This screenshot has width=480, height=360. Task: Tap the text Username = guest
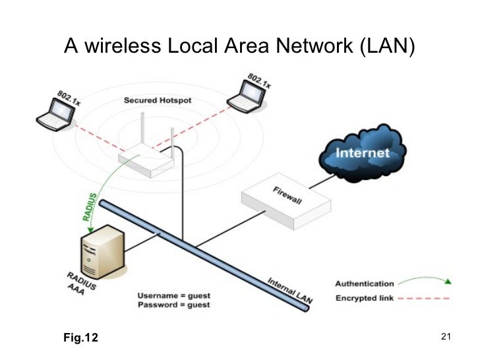pyautogui.click(x=174, y=294)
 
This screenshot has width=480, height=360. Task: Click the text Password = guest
pyautogui.click(x=174, y=305)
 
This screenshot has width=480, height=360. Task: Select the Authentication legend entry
pyautogui.click(x=365, y=284)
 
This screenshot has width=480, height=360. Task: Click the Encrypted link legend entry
pyautogui.click(x=365, y=298)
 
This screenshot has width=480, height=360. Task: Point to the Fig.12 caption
pyautogui.click(x=80, y=338)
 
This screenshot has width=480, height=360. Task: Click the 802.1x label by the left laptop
pyautogui.click(x=69, y=98)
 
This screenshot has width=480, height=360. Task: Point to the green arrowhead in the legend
pyautogui.click(x=448, y=282)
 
